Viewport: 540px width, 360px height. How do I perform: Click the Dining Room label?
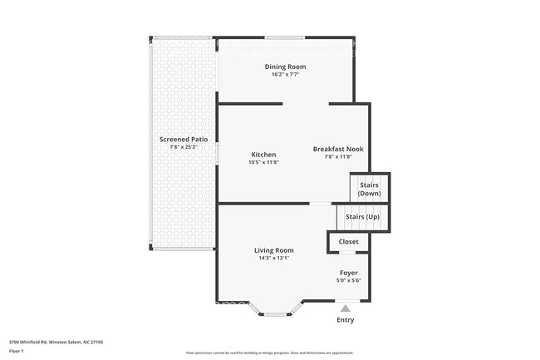[x=285, y=67]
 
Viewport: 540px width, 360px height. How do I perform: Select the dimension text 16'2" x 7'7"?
[x=285, y=75]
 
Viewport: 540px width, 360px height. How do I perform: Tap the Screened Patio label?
[x=184, y=139]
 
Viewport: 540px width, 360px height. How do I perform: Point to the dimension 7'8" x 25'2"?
[x=184, y=147]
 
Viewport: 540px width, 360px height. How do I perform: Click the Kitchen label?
[x=263, y=155]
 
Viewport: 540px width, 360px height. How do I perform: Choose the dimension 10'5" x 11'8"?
[x=263, y=163]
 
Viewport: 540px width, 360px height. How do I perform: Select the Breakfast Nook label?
[x=337, y=149]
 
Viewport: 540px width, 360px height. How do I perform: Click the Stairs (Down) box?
[x=370, y=189]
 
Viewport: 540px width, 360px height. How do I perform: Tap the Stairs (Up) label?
[x=363, y=216]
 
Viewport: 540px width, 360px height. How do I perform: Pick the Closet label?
[x=348, y=242]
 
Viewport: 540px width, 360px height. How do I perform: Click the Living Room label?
[x=273, y=250]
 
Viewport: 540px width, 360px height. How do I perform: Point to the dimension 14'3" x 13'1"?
[x=273, y=259]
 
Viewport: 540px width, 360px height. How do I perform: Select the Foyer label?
[x=348, y=272]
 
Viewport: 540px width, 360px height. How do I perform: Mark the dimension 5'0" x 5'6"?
[x=348, y=280]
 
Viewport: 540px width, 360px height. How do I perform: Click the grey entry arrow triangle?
[x=345, y=308]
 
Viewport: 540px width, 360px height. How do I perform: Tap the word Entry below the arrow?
[x=345, y=320]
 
